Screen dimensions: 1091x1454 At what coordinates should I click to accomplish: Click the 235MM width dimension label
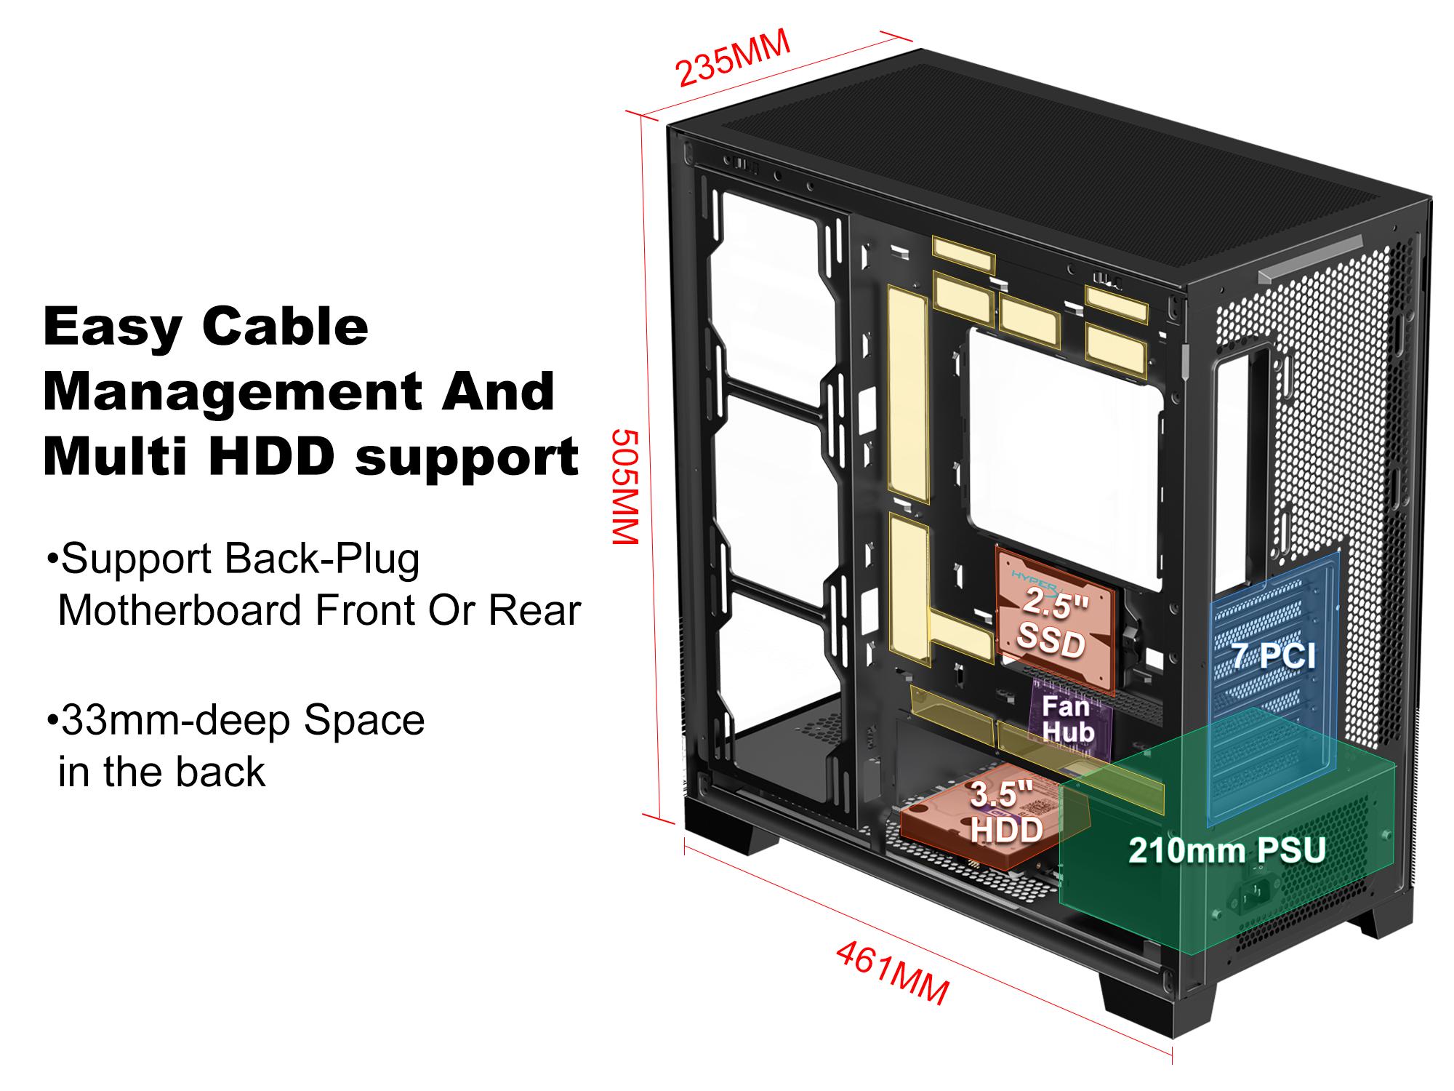click(733, 59)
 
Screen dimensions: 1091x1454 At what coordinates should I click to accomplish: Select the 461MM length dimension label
click(892, 972)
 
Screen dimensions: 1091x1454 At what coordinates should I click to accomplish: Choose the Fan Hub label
click(1067, 719)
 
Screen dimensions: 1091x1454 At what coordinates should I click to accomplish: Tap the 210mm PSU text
click(1226, 850)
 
